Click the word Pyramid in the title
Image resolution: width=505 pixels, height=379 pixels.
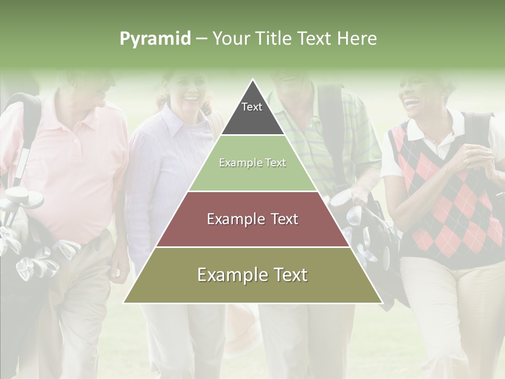click(155, 39)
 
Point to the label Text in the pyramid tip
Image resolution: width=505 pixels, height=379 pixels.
click(252, 107)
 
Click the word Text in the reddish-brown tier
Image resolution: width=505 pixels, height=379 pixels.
click(281, 219)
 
